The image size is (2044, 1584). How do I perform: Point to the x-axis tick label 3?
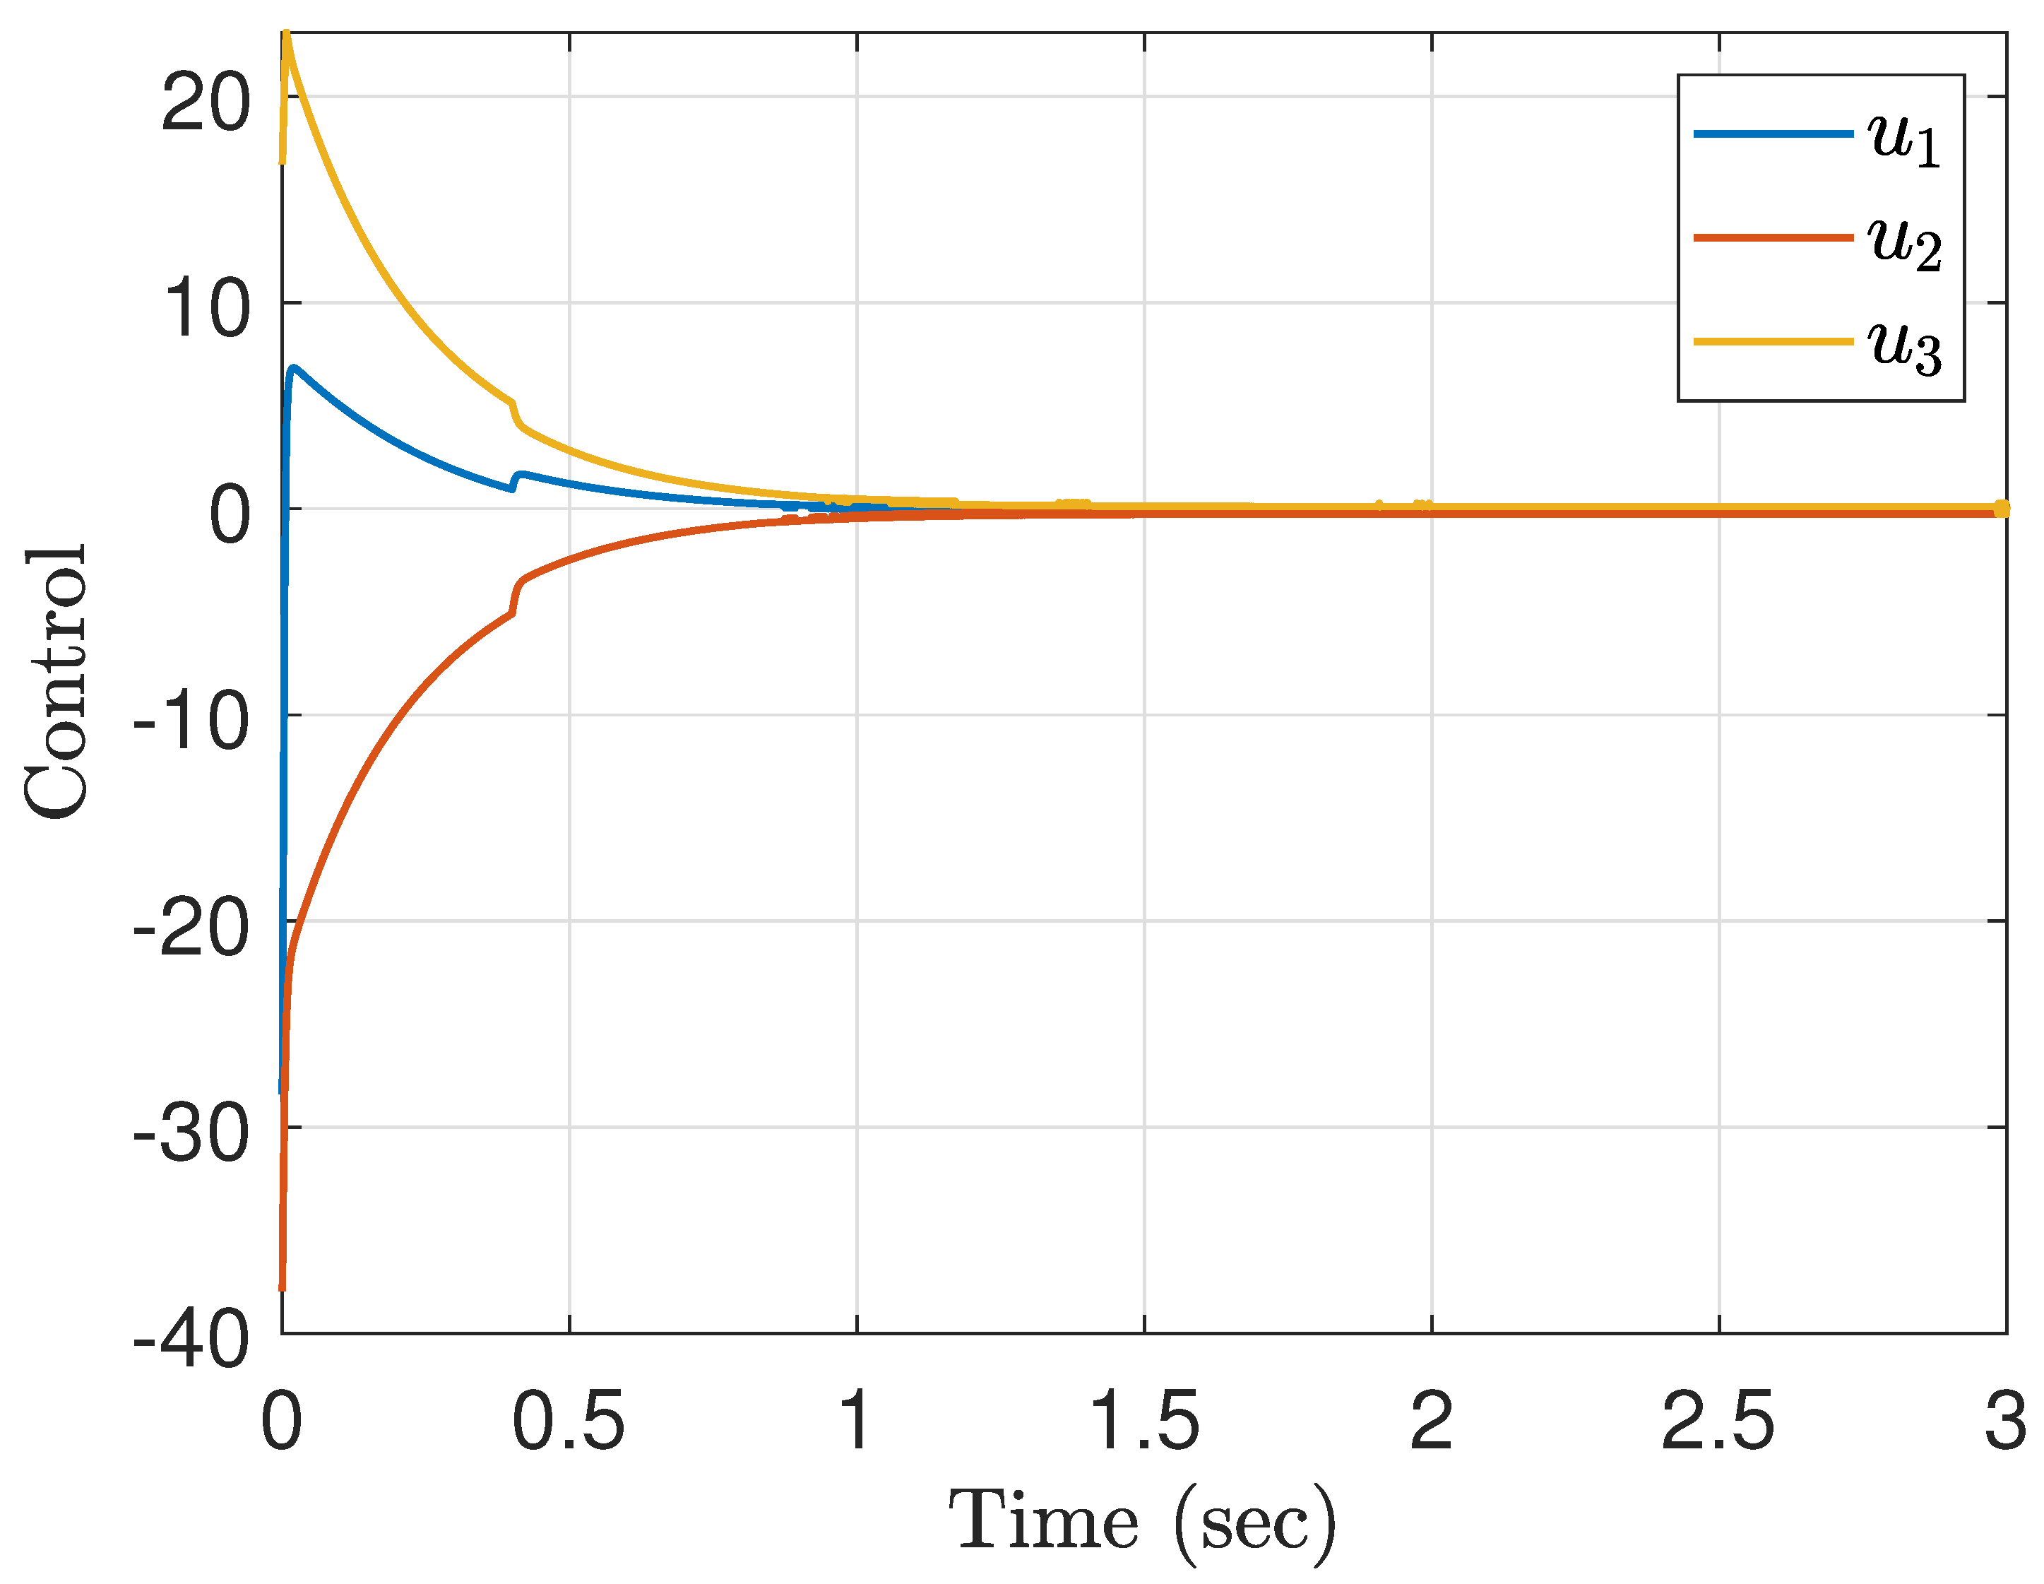[x=2004, y=1421]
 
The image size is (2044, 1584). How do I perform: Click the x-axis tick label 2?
[x=1431, y=1421]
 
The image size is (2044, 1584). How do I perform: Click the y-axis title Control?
[x=57, y=682]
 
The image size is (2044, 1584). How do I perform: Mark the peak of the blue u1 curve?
[x=295, y=368]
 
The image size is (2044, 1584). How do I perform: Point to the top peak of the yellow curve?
[x=286, y=35]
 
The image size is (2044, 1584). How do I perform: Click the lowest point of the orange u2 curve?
[x=282, y=1288]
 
